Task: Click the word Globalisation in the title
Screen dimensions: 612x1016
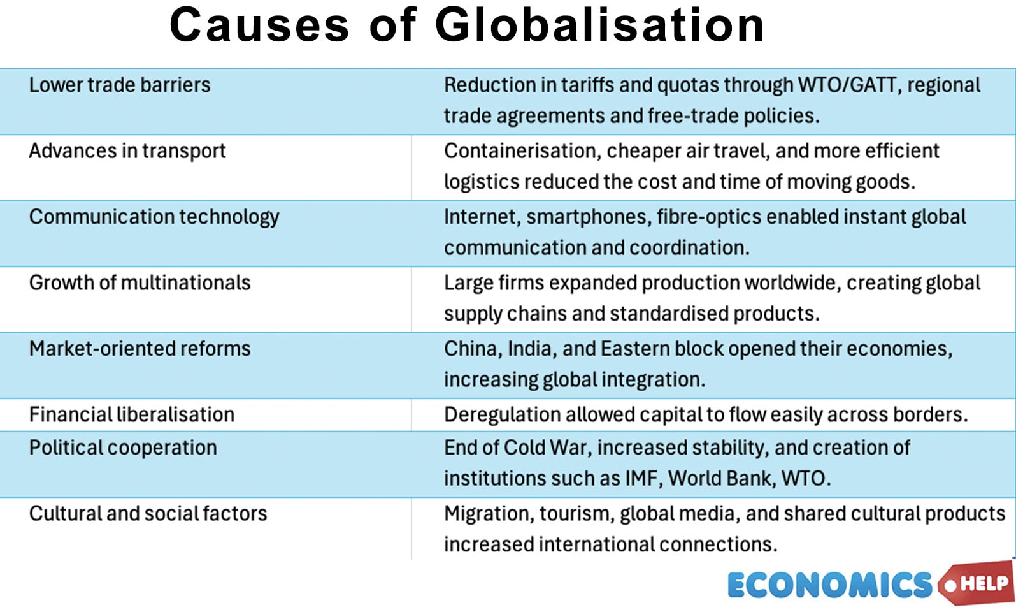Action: click(x=599, y=25)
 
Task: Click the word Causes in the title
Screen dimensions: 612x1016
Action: click(x=259, y=25)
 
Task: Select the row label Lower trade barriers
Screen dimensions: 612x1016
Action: click(x=120, y=85)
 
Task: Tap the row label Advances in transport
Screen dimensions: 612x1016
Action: click(x=127, y=151)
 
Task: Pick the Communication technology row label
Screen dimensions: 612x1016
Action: click(x=154, y=217)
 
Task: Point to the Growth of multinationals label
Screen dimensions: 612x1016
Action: click(x=140, y=282)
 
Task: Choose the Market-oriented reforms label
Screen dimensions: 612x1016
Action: click(x=140, y=349)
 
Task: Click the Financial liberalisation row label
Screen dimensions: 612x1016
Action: click(x=132, y=414)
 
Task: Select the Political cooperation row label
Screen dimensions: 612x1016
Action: click(x=123, y=448)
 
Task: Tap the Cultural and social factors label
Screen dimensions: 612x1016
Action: click(x=148, y=513)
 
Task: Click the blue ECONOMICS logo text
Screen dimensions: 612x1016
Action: click(x=829, y=585)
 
